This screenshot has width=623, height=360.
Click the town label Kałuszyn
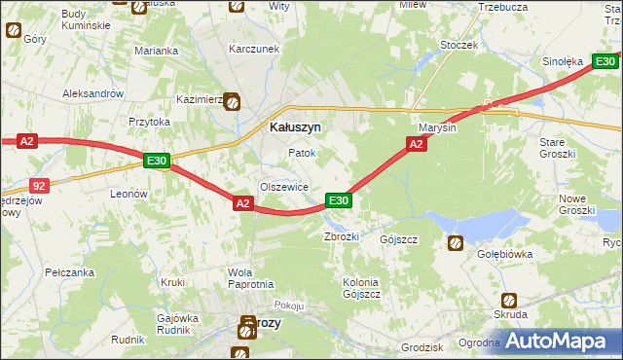(x=295, y=126)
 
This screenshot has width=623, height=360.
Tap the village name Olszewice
(x=284, y=187)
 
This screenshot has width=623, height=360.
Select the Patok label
(x=302, y=154)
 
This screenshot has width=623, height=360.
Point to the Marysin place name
(x=437, y=127)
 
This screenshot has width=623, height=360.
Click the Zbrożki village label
(x=342, y=237)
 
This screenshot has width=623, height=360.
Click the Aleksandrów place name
(x=92, y=93)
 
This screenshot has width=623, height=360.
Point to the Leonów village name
(x=128, y=194)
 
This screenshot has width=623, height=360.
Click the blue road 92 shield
(x=39, y=183)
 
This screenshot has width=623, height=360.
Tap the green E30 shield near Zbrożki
(x=338, y=200)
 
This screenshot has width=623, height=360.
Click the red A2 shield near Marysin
(x=416, y=144)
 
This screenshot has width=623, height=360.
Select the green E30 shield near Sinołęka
(x=605, y=62)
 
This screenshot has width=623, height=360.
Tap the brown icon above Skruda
(x=508, y=300)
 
